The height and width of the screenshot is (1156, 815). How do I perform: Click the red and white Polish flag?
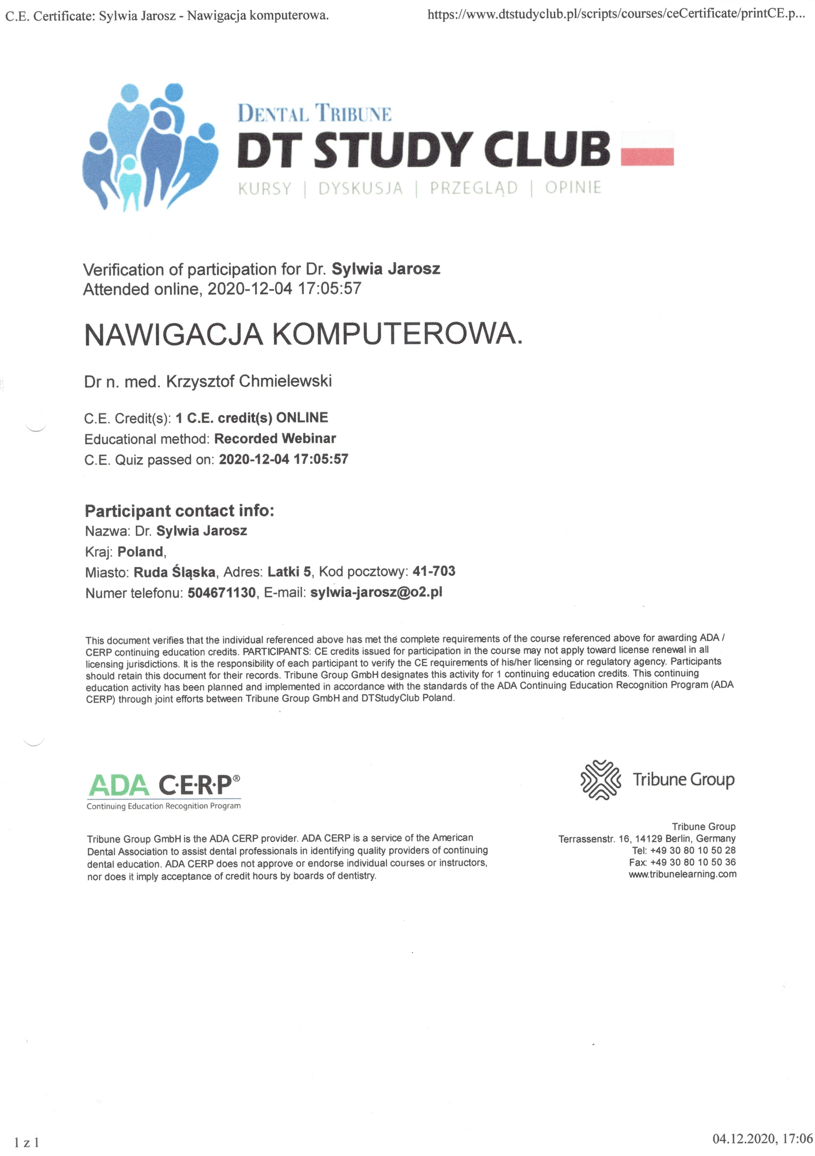(x=647, y=149)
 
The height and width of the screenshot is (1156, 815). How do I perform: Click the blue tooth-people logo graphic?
(x=150, y=147)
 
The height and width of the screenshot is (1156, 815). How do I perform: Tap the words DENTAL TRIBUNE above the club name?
(x=314, y=114)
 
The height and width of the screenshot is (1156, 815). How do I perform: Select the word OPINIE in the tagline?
(x=573, y=188)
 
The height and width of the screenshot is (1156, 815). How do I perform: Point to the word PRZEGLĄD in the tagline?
(x=473, y=188)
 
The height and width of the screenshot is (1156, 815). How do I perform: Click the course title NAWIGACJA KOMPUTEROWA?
(x=303, y=334)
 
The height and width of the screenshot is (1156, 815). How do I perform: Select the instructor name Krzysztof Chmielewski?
(x=249, y=382)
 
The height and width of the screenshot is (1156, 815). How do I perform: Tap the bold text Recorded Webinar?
(x=275, y=439)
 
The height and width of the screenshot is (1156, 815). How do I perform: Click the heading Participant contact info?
(x=179, y=511)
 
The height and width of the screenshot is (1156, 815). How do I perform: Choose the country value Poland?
(x=141, y=552)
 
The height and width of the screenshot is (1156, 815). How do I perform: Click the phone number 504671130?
(x=221, y=593)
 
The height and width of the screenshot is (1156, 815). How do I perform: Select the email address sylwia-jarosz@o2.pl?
(x=376, y=593)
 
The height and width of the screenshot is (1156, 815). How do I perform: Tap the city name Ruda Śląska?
(x=175, y=573)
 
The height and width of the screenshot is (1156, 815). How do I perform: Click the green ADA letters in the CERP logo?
(x=119, y=784)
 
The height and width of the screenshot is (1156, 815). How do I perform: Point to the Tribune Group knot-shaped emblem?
(x=600, y=780)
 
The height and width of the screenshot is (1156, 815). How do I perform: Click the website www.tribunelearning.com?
(x=682, y=874)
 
